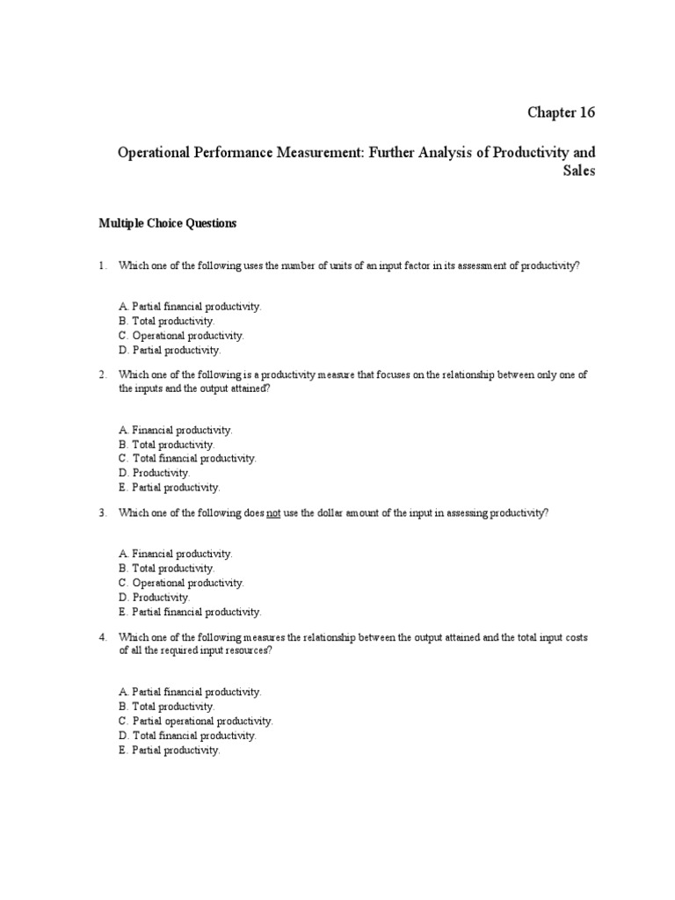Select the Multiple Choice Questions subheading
tap(167, 223)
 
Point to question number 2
tap(102, 374)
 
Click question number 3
tap(102, 512)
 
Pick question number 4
tap(102, 636)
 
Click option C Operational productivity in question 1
tap(180, 336)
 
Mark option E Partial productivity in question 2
tap(168, 487)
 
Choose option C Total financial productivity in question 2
tap(186, 459)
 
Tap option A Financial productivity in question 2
tap(174, 430)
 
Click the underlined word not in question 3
tap(272, 512)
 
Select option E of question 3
tap(189, 612)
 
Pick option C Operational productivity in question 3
tap(180, 583)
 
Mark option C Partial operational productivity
tap(195, 721)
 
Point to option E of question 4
tap(168, 751)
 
